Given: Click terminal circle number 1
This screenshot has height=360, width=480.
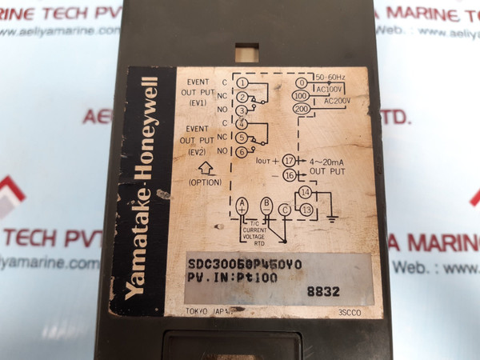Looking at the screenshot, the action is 242,83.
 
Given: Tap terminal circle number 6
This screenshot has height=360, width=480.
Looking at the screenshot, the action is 242,152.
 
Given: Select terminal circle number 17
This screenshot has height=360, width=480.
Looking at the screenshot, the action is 289,160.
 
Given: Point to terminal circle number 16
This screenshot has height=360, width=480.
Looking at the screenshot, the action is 289,175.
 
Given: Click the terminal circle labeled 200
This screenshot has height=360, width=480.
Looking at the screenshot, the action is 302,109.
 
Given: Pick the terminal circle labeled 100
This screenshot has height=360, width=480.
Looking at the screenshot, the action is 302,96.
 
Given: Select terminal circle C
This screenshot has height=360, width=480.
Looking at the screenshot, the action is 284,210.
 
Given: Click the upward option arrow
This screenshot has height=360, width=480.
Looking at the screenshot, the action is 204,168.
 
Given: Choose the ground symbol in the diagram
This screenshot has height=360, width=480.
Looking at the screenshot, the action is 334,215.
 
